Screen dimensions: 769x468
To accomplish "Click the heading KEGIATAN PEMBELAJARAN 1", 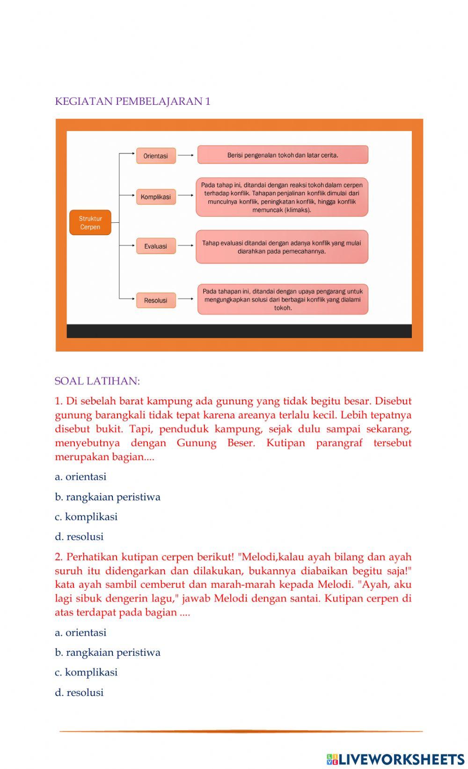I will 132,102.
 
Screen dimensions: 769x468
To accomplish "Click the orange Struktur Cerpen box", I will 90,223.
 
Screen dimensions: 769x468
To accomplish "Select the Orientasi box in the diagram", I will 156,156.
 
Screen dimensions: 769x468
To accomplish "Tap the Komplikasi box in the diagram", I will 156,197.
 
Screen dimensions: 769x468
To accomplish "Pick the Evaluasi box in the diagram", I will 156,246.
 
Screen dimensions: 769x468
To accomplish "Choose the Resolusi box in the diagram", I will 156,300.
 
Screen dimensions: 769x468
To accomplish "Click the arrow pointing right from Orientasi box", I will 186,155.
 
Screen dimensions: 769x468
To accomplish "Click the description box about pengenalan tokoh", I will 283,155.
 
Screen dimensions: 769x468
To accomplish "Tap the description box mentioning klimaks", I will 282,197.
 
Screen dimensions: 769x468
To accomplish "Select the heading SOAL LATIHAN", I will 97,381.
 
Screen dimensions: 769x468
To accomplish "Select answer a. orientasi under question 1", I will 80,477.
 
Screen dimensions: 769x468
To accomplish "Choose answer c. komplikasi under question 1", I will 86,517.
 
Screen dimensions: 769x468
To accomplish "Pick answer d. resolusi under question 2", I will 79,693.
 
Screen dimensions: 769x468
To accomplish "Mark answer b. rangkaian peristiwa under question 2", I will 108,652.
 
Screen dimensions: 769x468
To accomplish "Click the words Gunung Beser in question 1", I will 216,443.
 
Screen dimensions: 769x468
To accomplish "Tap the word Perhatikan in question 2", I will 92,557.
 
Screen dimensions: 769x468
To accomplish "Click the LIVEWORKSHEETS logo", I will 395,759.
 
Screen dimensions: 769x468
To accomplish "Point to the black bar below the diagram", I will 239,331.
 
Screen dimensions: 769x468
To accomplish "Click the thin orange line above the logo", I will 241,731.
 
